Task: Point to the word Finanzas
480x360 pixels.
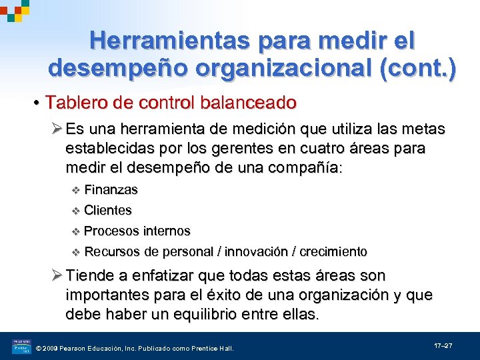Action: click(x=111, y=190)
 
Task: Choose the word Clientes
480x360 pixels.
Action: click(x=108, y=211)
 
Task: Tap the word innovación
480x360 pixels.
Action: click(x=257, y=252)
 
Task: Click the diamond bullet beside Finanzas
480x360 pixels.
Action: click(x=75, y=191)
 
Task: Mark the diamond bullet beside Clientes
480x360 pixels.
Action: click(x=75, y=211)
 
